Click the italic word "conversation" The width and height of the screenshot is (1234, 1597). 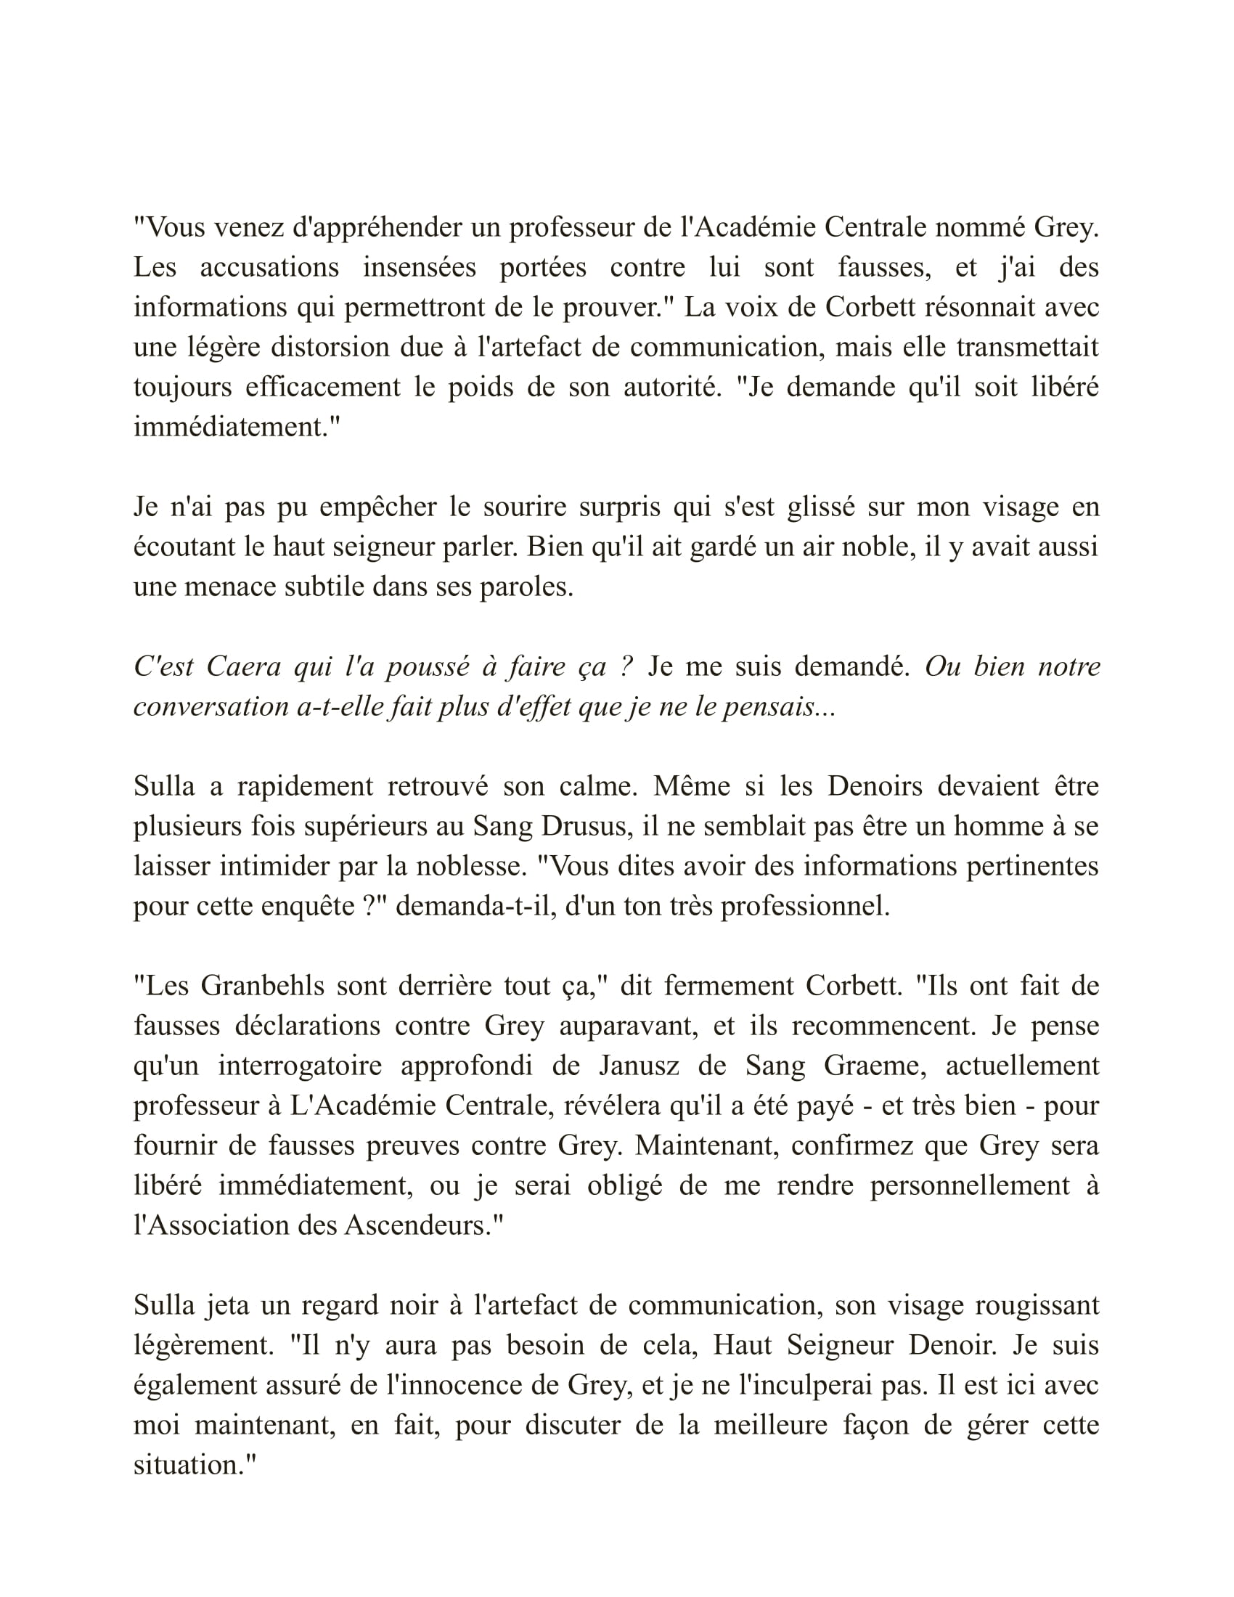coord(211,706)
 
